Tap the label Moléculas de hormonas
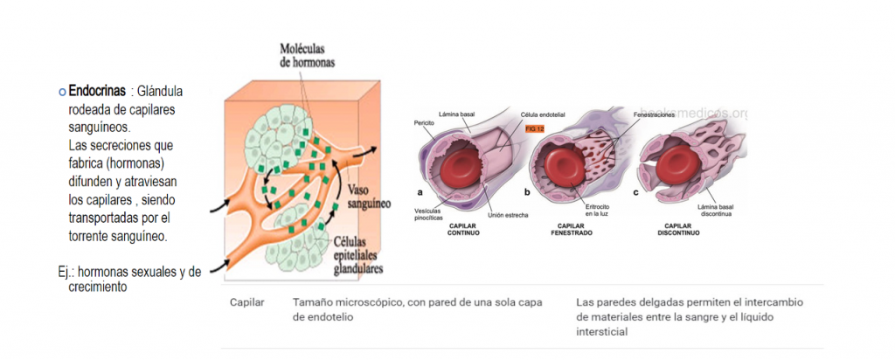point(307,55)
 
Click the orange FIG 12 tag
point(534,129)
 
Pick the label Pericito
point(425,123)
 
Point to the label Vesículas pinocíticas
point(430,214)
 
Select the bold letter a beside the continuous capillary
point(420,192)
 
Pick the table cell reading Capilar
point(246,301)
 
